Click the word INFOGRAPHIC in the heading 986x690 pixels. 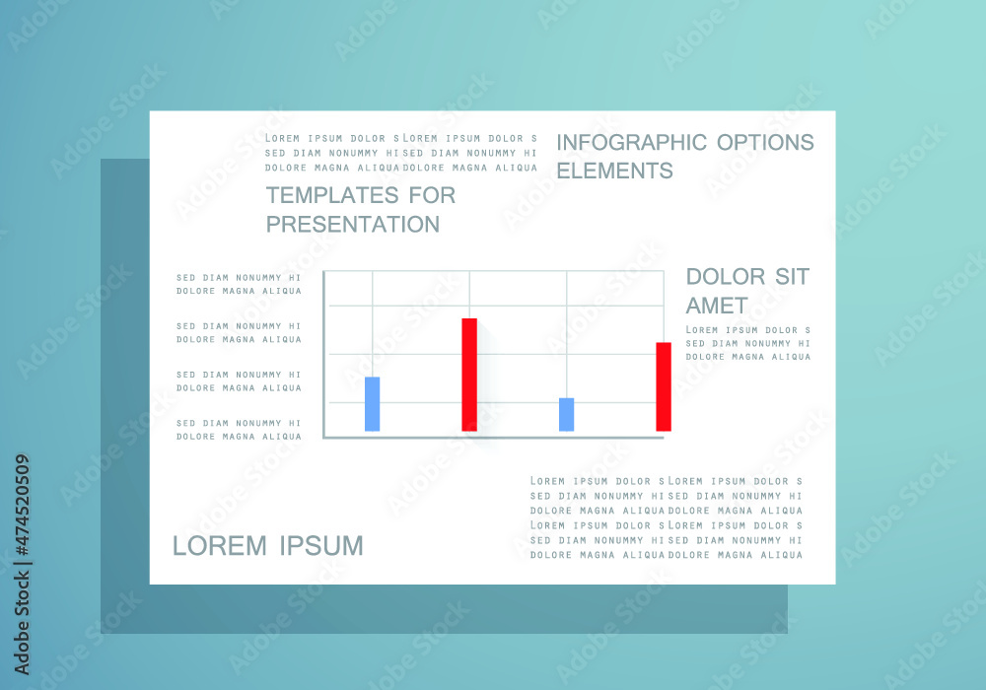point(631,143)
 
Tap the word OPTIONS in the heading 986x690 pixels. point(765,143)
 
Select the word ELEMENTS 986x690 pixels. point(614,171)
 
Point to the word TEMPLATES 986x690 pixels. point(332,195)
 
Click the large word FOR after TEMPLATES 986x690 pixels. point(432,195)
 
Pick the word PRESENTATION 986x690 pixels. point(353,225)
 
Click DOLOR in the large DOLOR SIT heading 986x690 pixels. point(725,277)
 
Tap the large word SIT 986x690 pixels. point(792,277)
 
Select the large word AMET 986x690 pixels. point(716,306)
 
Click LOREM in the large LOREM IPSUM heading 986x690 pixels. point(220,546)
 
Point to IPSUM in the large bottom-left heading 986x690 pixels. point(321,546)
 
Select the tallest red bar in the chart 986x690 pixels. point(469,375)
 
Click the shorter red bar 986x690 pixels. point(664,386)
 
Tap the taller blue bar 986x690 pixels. point(373,404)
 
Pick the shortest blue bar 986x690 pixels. point(567,415)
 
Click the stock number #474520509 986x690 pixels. point(22,506)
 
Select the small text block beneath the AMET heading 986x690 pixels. point(747,343)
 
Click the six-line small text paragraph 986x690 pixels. point(666,517)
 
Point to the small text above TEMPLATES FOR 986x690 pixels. point(401,153)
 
